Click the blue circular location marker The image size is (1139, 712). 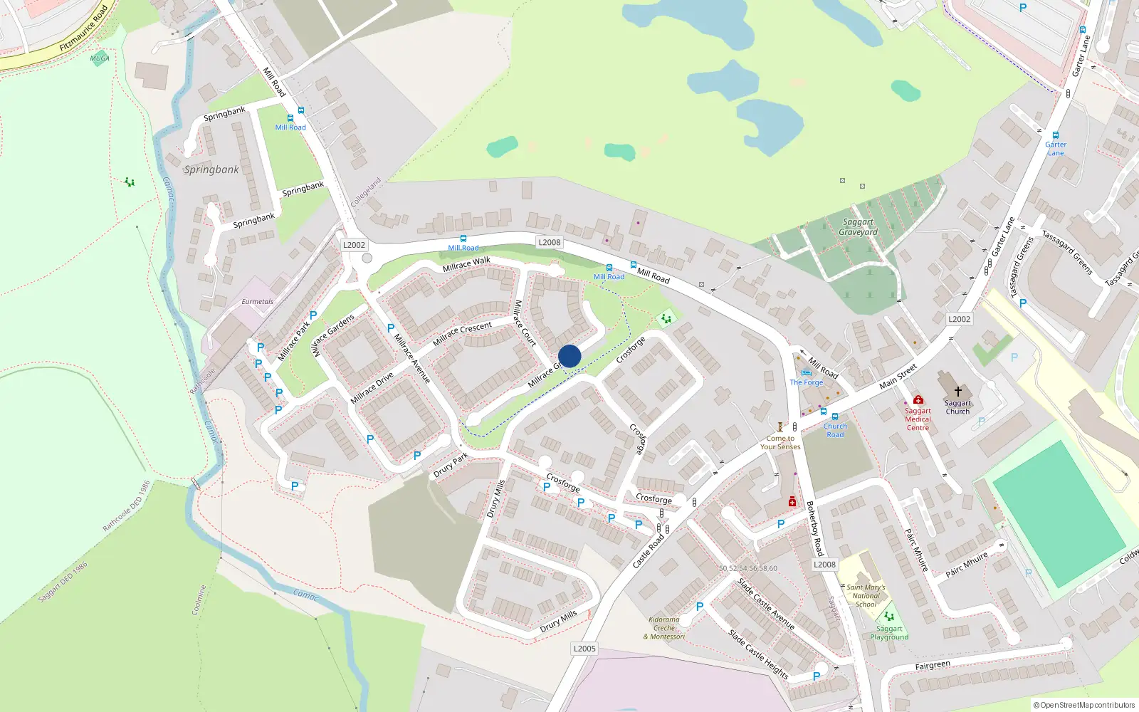coord(569,356)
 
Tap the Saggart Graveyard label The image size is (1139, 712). coord(858,227)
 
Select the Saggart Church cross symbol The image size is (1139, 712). coord(958,392)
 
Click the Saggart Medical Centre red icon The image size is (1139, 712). coord(918,399)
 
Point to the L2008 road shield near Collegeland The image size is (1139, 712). coord(549,242)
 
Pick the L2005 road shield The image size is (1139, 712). coord(584,649)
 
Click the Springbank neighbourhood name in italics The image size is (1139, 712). coord(211,169)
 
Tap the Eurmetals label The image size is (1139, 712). coord(257,302)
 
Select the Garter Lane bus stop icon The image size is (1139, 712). coord(1056,135)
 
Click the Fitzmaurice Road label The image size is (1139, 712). coord(84,28)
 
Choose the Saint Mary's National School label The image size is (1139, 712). coord(866,596)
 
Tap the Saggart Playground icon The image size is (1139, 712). coord(888,617)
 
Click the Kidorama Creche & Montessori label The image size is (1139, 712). coord(664,628)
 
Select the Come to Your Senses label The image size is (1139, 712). coord(780,443)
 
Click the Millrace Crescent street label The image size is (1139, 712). coord(462,333)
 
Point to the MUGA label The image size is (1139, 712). coord(100,58)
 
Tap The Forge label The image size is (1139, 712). coord(806,382)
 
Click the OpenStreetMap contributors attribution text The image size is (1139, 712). coord(1083,705)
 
